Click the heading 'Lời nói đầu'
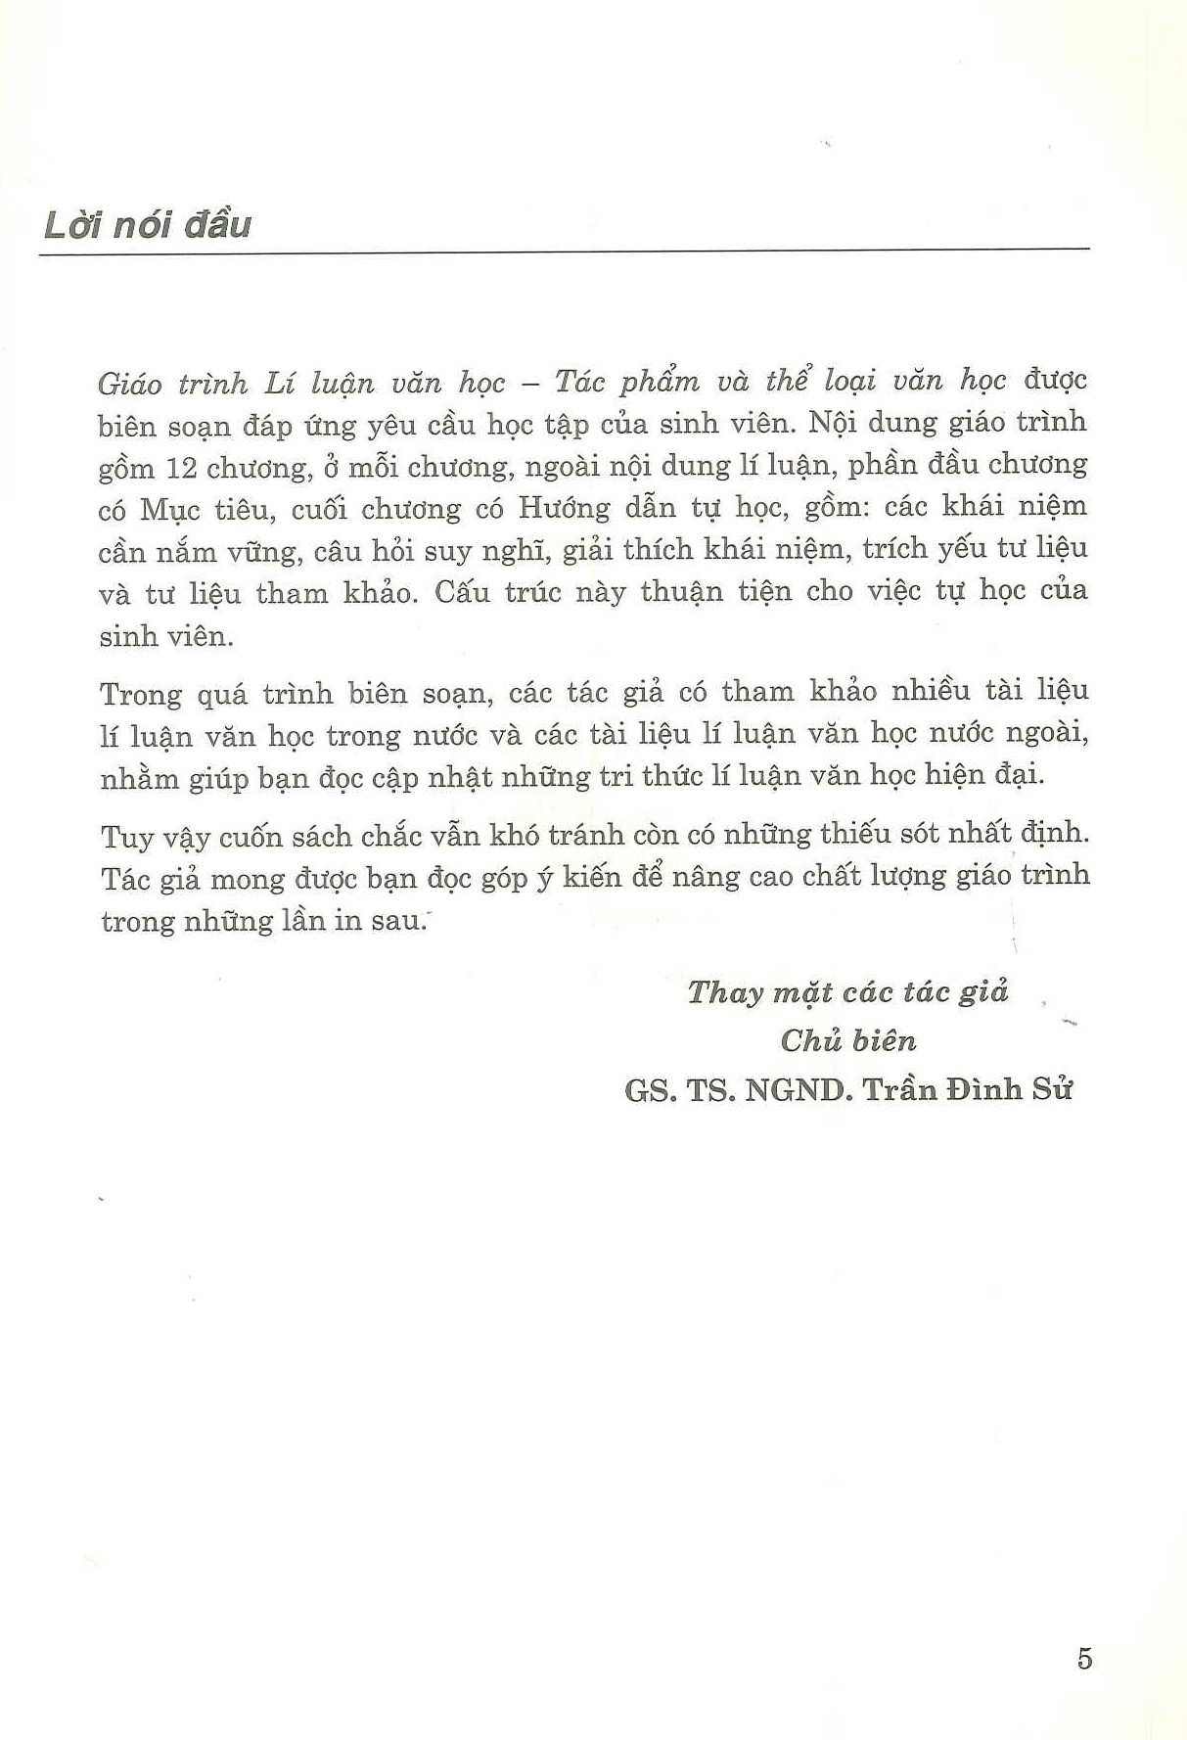pyautogui.click(x=148, y=224)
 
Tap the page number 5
pyautogui.click(x=1083, y=1658)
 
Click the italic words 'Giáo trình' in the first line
pyautogui.click(x=173, y=383)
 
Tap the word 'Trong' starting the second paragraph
pyautogui.click(x=141, y=694)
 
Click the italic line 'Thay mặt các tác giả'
pyautogui.click(x=847, y=992)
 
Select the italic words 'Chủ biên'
pyautogui.click(x=847, y=1040)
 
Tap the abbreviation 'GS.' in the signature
pyautogui.click(x=649, y=1089)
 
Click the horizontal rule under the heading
pyautogui.click(x=564, y=253)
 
